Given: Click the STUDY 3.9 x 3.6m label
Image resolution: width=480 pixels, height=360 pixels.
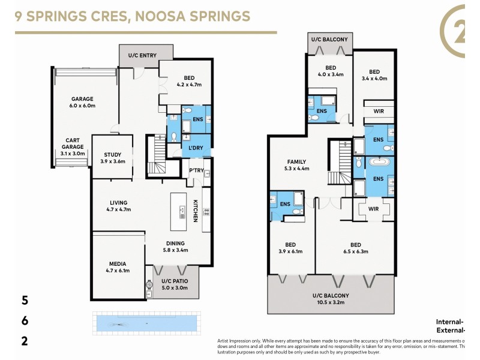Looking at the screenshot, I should (112, 158).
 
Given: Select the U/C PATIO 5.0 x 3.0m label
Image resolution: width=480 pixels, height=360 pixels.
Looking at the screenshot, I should (175, 284).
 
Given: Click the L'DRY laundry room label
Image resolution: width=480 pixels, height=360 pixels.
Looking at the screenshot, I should (196, 148).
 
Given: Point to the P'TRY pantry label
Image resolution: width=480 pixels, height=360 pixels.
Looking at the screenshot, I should (196, 170).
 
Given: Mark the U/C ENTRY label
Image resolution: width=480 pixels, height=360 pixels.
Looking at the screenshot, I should (142, 56).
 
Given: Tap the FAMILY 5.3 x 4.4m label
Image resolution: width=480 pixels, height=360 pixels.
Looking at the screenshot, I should (296, 165).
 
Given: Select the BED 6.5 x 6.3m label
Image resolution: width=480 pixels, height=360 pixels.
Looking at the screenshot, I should (356, 248).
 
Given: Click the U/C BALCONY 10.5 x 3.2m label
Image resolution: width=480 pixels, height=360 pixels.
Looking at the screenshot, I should (330, 299).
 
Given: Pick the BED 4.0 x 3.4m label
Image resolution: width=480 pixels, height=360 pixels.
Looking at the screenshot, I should (330, 71).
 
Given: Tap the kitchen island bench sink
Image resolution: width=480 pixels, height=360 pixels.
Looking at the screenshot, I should (182, 211).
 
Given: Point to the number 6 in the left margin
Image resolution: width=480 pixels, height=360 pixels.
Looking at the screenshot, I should (25, 321).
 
